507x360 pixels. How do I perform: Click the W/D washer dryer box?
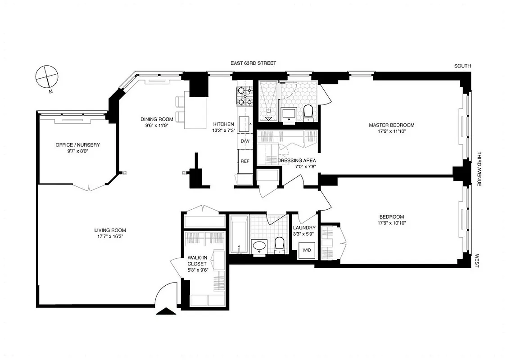point(306,250)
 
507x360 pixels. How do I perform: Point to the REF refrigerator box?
point(245,161)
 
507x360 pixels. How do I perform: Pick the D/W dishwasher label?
point(245,141)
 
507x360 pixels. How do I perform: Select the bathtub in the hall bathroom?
point(239,234)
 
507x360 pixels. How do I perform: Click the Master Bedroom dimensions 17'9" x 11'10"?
point(391,131)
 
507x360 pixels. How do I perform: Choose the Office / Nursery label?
point(77,145)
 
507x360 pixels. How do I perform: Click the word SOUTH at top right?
point(462,66)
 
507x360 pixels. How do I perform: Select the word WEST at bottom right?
point(476,261)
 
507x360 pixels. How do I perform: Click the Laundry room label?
point(304,228)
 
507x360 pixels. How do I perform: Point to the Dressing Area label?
point(296,160)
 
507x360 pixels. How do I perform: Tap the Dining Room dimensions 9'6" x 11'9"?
point(157,126)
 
